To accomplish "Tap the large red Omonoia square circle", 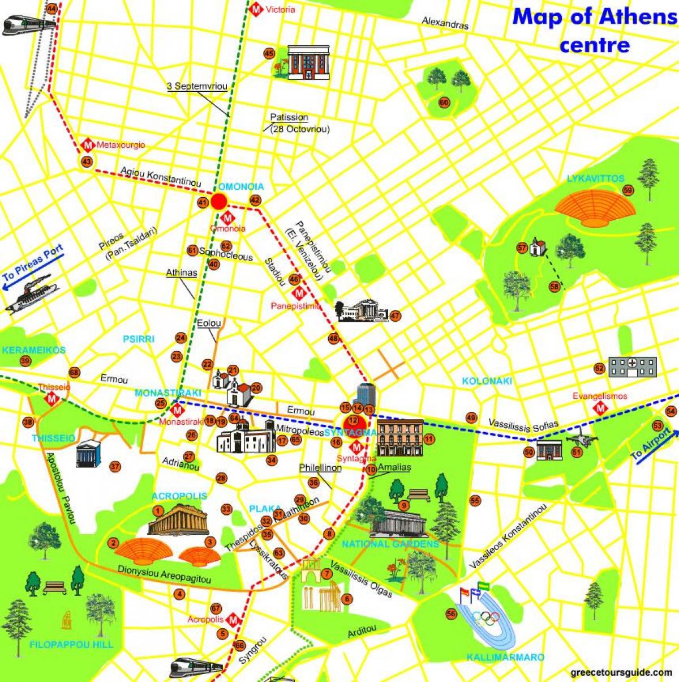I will (x=220, y=201).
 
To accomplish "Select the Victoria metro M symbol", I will (x=256, y=9).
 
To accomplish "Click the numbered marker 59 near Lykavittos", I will (x=628, y=190).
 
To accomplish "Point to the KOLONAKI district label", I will (x=487, y=381).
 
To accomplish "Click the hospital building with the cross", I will (x=633, y=366).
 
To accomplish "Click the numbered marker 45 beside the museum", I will (x=269, y=54).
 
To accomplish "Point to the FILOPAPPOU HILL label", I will (x=71, y=645).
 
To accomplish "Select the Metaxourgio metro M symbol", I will (x=88, y=145).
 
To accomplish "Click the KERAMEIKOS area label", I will (x=33, y=350).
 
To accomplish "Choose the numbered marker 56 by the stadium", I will (x=451, y=614).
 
